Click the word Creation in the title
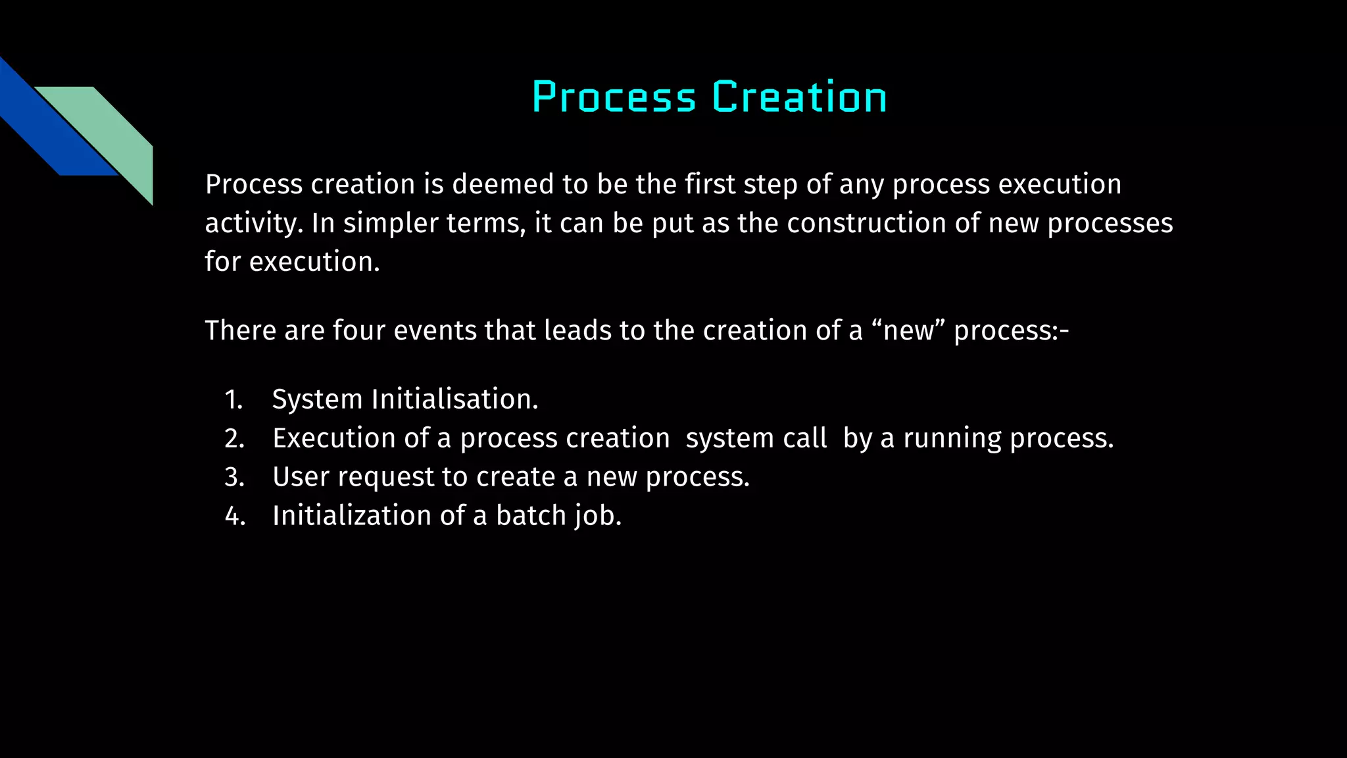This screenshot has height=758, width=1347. click(799, 97)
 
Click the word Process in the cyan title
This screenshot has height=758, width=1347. click(614, 97)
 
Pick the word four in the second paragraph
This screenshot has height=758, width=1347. click(359, 330)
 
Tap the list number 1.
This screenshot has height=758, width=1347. click(233, 399)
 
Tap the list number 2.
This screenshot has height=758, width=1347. click(234, 438)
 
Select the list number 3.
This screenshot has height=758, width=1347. click(234, 477)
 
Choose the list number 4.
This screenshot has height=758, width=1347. click(234, 516)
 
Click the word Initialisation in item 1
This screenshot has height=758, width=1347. click(454, 399)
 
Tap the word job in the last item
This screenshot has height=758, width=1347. click(597, 516)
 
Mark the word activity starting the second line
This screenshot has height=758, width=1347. click(253, 223)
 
